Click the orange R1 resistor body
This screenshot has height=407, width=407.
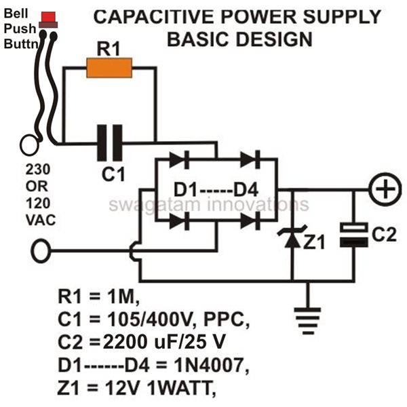[x=109, y=68]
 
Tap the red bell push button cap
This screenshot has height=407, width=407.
[x=49, y=16]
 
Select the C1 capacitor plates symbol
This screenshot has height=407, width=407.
[x=109, y=142]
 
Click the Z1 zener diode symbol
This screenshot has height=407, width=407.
[x=292, y=237]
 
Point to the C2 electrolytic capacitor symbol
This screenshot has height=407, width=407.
[x=354, y=235]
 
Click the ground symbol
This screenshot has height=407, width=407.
[x=307, y=321]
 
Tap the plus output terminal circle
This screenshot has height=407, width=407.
[x=385, y=189]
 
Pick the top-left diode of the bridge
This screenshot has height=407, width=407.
[x=179, y=159]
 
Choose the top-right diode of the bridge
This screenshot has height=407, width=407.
[x=250, y=159]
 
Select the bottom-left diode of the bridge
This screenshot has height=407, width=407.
[x=179, y=221]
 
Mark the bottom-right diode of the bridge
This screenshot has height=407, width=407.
[x=250, y=221]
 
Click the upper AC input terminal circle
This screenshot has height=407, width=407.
[x=29, y=145]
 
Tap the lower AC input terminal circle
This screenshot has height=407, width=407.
[x=41, y=251]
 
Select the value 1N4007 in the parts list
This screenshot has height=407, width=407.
[x=211, y=366]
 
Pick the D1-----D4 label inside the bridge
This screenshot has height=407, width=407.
[x=216, y=190]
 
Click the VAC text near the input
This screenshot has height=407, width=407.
[x=41, y=220]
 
